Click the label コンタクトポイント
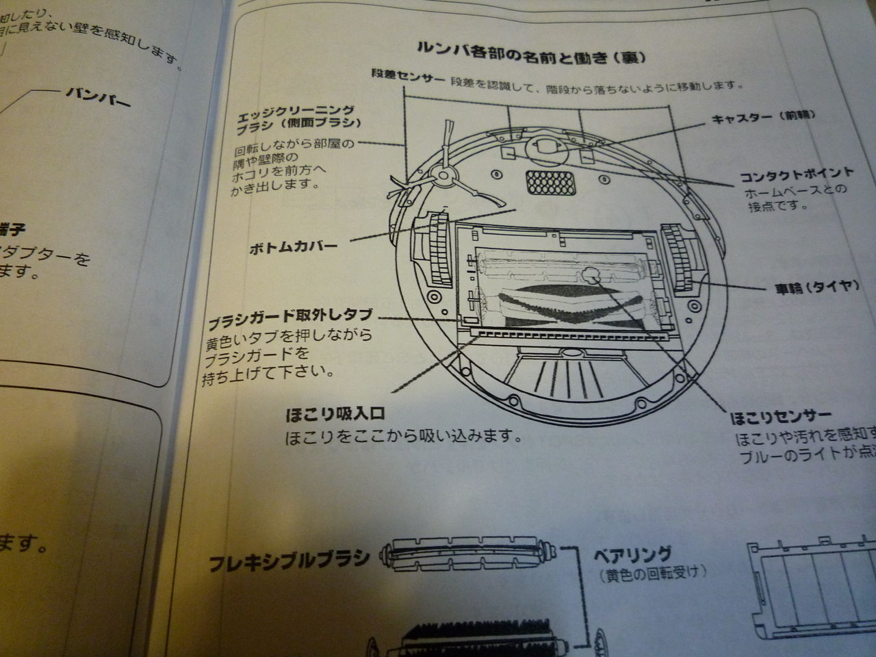click(x=796, y=174)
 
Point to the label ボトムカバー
click(x=293, y=247)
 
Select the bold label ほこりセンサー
click(x=781, y=416)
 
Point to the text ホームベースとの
click(x=795, y=190)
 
